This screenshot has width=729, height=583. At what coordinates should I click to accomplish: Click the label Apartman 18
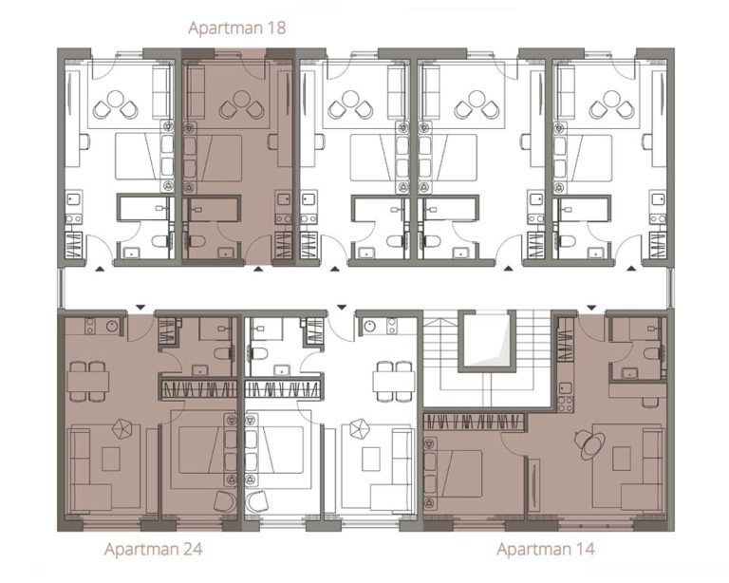[236, 28]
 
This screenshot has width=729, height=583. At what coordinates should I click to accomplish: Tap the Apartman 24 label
[153, 549]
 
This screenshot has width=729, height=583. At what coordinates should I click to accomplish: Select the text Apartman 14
[546, 549]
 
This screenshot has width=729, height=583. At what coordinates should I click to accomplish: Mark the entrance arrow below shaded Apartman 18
[258, 270]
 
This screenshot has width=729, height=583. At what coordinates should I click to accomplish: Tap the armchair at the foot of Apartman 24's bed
[224, 502]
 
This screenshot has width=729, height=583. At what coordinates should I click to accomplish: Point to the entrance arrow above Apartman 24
[139, 306]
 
